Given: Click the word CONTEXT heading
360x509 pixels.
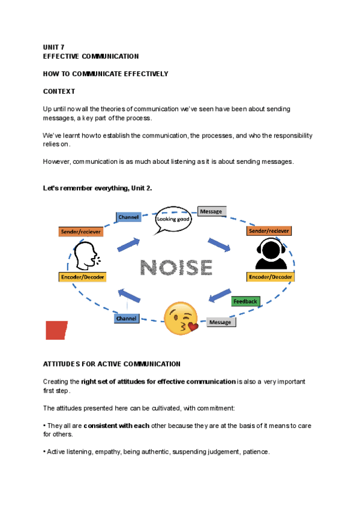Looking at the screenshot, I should tap(59, 91).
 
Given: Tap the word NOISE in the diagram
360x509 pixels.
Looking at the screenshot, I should tap(176, 267).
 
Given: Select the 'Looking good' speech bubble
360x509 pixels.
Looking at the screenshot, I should tap(173, 220).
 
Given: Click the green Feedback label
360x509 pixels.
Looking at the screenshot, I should tap(245, 301).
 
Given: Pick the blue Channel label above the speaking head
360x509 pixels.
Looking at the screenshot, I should tap(128, 217).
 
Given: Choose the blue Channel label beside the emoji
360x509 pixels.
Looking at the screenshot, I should tap(127, 318).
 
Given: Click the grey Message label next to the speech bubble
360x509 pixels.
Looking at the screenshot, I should tap(211, 211).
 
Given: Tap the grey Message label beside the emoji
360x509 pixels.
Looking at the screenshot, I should tap(220, 322).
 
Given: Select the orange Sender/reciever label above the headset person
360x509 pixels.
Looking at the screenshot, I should tap(269, 230).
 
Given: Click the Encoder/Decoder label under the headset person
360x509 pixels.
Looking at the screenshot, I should tap(270, 277).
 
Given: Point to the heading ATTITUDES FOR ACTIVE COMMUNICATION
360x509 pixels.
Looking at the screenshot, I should tap(112, 364).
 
